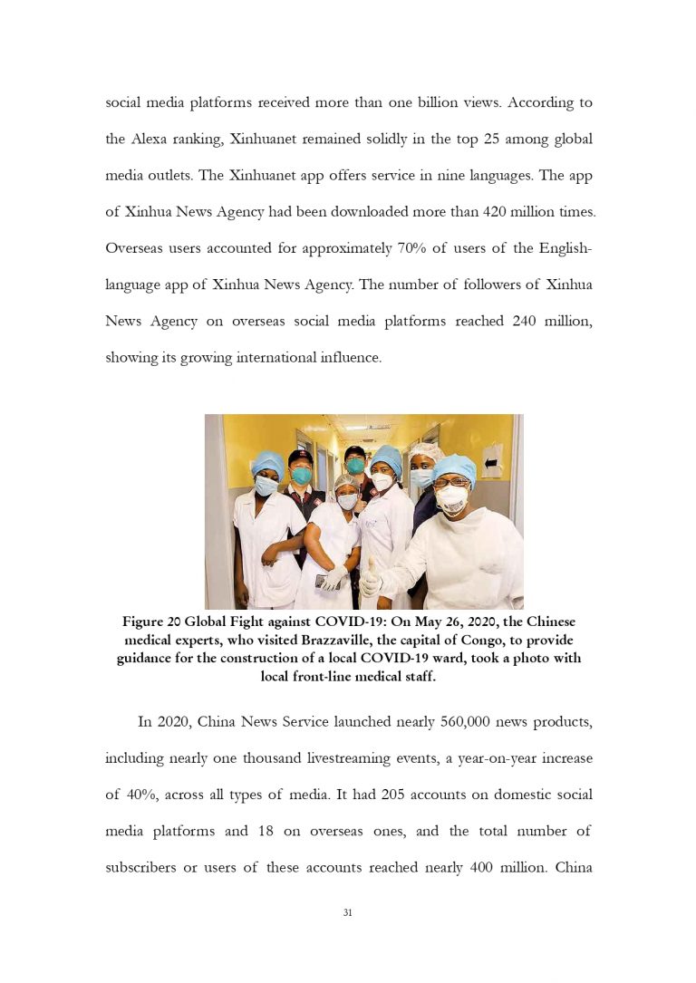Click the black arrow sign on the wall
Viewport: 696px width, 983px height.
pos(491,462)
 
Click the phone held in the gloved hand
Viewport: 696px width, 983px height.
pos(323,581)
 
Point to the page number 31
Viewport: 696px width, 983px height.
pos(347,912)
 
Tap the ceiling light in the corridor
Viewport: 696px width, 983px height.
pos(378,426)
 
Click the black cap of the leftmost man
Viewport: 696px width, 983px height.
pos(300,457)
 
